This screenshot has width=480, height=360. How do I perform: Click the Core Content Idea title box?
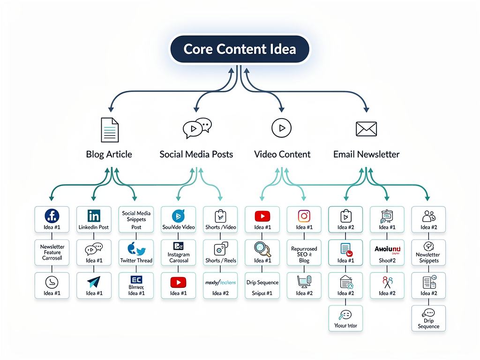[x=240, y=49]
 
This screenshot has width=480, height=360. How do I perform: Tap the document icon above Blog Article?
[x=110, y=129]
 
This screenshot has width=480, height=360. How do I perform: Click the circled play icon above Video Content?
[x=281, y=127]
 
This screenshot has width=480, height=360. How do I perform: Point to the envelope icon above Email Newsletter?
[x=367, y=128]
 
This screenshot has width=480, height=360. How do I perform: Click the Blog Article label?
[x=109, y=154]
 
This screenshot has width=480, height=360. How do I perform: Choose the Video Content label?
[x=282, y=154]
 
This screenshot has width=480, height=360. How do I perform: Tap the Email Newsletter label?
[x=366, y=154]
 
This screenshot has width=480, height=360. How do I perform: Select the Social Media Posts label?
[x=196, y=154]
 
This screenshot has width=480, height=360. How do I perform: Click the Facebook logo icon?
[x=52, y=216]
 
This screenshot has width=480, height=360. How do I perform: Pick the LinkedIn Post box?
[x=94, y=219]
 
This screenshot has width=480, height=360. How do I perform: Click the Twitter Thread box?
[x=136, y=253]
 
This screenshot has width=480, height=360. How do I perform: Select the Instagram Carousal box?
[x=178, y=253]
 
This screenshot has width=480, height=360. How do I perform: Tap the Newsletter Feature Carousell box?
[x=52, y=253]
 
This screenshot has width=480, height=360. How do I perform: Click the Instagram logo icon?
[x=304, y=216]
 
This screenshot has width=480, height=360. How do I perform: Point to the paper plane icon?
[x=94, y=282]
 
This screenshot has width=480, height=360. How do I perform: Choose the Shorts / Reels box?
[x=220, y=253]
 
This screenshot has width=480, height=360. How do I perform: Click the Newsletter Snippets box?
[x=428, y=253]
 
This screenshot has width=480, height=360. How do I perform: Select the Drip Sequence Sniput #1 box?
[x=262, y=285]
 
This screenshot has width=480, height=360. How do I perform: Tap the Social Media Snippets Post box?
[x=136, y=219]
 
